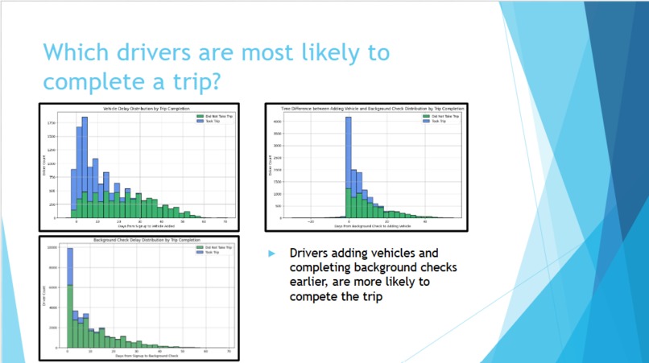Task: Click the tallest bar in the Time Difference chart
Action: [349, 153]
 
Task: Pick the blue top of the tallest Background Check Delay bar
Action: [70, 266]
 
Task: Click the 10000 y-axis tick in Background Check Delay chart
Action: [52, 248]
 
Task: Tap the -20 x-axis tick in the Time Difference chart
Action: [310, 221]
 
